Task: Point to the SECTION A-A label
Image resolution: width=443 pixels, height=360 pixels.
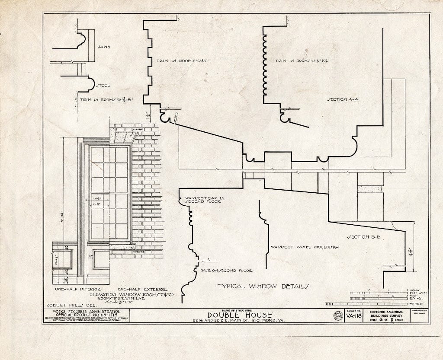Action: coord(343,99)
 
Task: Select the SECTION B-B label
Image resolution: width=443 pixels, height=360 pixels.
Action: coord(363,237)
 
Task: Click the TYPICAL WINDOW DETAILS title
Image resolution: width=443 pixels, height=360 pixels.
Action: coord(263,286)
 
